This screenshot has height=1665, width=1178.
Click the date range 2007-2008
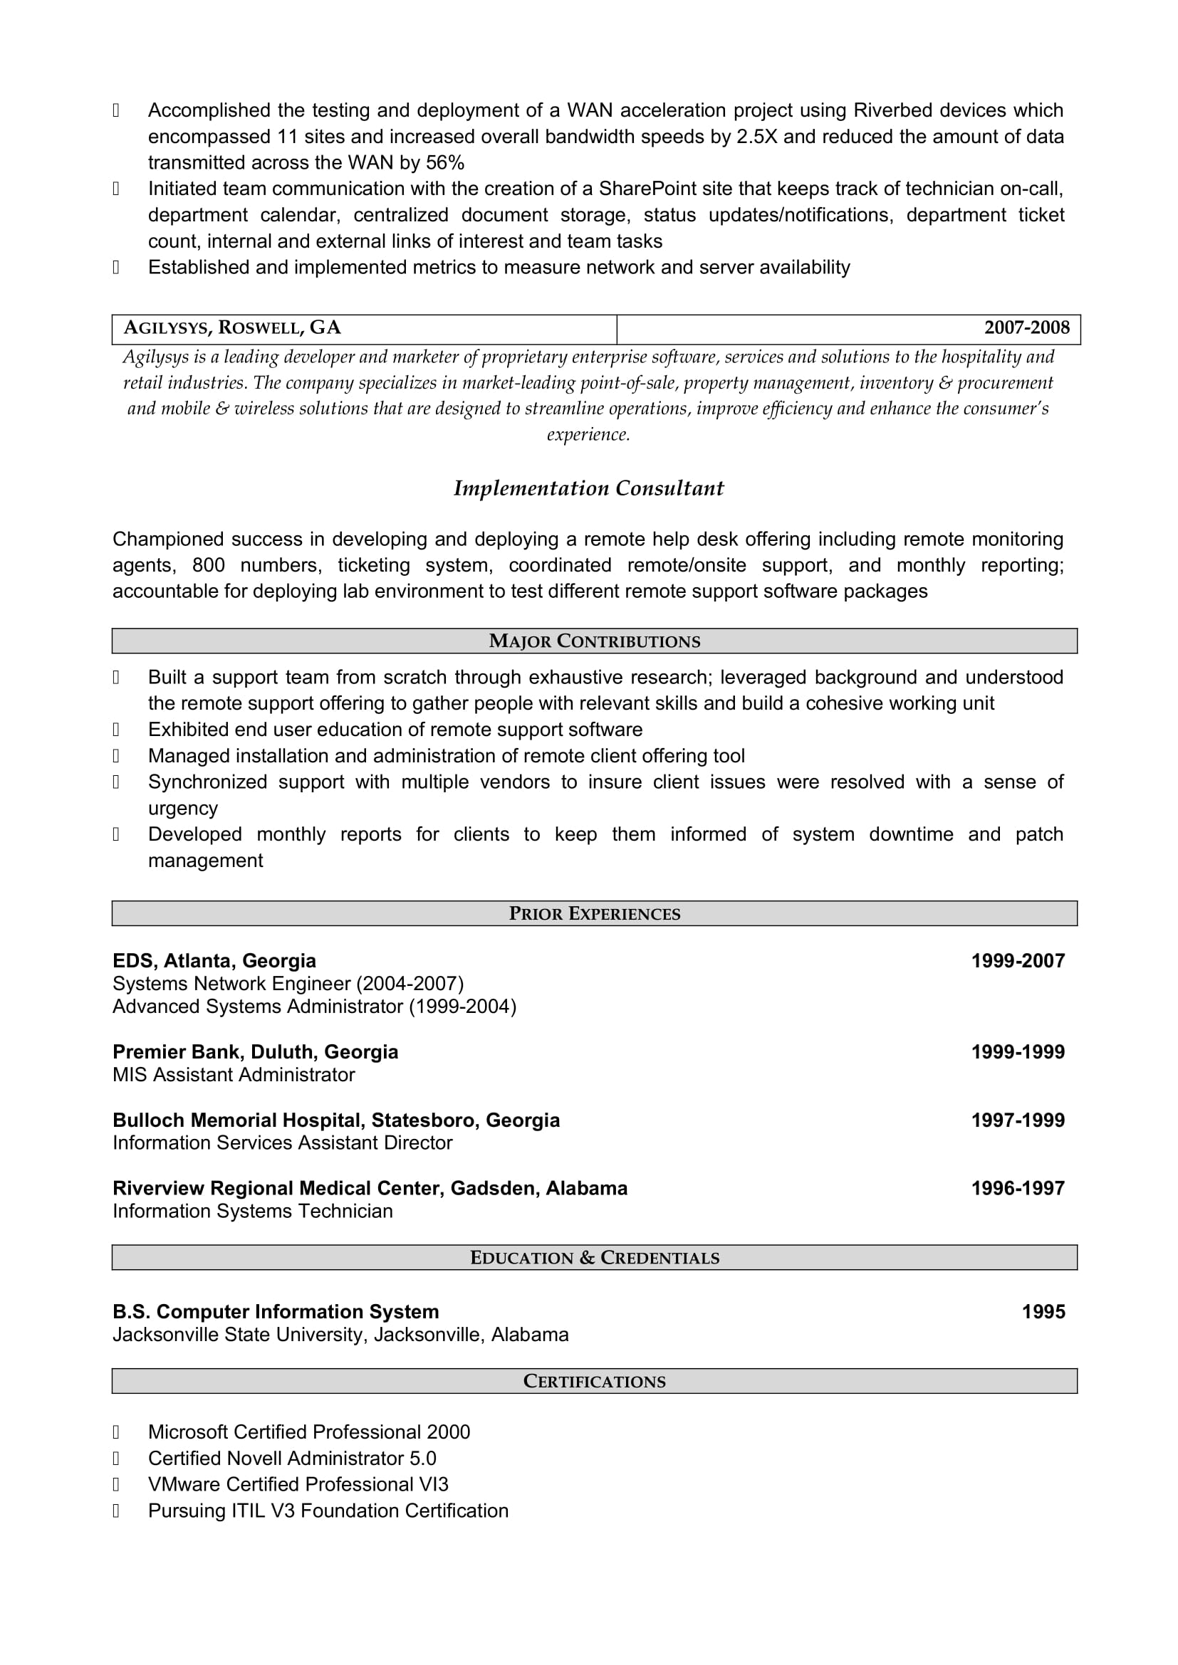[1026, 327]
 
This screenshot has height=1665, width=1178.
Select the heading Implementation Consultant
[588, 489]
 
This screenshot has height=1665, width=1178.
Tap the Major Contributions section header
[594, 641]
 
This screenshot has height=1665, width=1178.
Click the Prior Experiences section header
[594, 914]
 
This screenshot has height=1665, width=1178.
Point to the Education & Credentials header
[594, 1257]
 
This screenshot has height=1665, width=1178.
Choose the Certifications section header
[594, 1382]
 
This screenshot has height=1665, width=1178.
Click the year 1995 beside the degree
[1043, 1312]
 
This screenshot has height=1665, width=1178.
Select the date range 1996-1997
[1018, 1188]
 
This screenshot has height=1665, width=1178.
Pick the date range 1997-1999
[1018, 1120]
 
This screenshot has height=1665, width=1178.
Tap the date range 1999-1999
[1018, 1051]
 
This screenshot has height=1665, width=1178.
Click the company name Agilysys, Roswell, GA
[232, 327]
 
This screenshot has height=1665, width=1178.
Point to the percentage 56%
[444, 163]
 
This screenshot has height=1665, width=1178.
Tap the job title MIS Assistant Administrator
[234, 1075]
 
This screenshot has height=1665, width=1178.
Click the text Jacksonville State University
[240, 1334]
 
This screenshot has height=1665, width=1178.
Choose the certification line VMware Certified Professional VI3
[298, 1484]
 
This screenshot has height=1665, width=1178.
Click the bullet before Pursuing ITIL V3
[116, 1511]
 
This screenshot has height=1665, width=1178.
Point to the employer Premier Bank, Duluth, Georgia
[256, 1051]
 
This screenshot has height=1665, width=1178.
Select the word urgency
[183, 809]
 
